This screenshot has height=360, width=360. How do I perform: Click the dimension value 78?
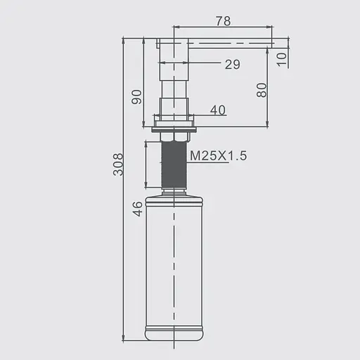pos(224,21)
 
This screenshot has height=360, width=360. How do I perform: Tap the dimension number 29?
pos(233,64)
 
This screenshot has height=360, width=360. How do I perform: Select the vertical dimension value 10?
pos(281,59)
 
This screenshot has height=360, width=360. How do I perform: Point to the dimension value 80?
pos(262,90)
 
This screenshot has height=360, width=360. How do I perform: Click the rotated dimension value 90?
pos(136,97)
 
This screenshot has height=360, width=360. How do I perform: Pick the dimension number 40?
pos(218,110)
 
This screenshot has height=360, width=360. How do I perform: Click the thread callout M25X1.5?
pos(219,155)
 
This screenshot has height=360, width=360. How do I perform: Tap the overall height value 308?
pos(117,165)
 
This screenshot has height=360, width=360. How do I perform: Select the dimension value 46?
pos(137,209)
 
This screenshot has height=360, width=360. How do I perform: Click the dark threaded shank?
pos(174,164)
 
